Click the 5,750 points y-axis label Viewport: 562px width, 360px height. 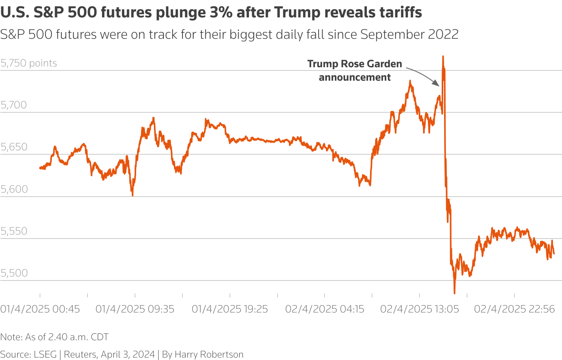click(x=29, y=63)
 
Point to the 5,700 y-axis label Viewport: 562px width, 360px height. click(x=14, y=105)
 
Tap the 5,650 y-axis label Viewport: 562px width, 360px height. click(x=14, y=147)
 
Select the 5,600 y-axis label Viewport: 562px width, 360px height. click(x=14, y=189)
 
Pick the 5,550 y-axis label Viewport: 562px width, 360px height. click(x=14, y=231)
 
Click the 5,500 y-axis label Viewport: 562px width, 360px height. click(x=14, y=273)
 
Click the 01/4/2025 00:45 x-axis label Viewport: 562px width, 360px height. click(x=40, y=309)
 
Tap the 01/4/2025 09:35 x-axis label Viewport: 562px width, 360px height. click(x=135, y=309)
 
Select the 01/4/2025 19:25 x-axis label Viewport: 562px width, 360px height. click(x=230, y=309)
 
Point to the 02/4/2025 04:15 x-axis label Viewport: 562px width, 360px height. click(x=325, y=309)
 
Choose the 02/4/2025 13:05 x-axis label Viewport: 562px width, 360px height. click(x=420, y=309)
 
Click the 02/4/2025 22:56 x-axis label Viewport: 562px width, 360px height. click(x=515, y=309)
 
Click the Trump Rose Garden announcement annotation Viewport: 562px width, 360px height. click(x=355, y=70)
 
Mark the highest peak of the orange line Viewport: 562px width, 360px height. click(x=443, y=57)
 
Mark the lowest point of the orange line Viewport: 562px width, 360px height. click(x=454, y=293)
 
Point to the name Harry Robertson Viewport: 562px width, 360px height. click(x=209, y=354)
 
